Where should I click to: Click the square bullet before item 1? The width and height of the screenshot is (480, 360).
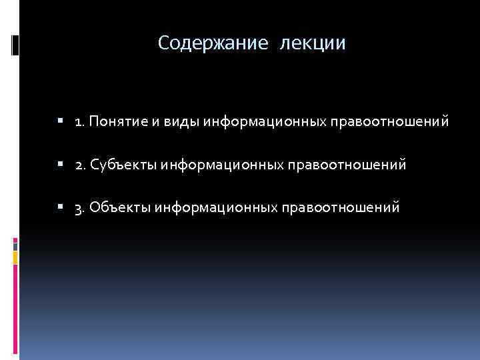[x=61, y=122]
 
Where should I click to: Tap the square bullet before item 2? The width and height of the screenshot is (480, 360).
[x=61, y=165]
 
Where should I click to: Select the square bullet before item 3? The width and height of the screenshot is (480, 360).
[x=61, y=207]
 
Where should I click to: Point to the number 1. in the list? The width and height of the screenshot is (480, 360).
[x=80, y=122]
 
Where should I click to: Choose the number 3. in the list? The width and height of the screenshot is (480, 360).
[x=80, y=207]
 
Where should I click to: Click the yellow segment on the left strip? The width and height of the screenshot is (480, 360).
[x=16, y=256]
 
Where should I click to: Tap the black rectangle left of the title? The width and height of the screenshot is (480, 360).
[x=16, y=45]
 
